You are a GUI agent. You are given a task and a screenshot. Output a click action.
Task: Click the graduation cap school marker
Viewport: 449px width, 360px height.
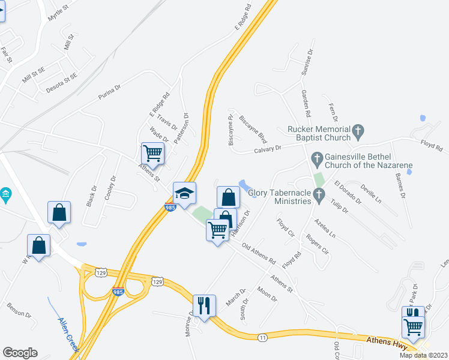[x=185, y=193]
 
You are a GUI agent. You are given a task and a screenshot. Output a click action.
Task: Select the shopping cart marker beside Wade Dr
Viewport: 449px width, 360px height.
[x=152, y=154]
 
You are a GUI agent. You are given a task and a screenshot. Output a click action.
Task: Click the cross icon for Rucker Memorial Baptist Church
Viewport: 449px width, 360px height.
[x=358, y=130]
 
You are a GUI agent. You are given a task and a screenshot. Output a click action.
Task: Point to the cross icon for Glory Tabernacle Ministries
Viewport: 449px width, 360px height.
[x=319, y=194]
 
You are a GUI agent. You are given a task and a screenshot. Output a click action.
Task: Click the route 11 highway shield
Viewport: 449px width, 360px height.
[x=262, y=338]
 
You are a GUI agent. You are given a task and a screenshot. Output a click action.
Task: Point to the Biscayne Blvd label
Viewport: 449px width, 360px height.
[x=252, y=127]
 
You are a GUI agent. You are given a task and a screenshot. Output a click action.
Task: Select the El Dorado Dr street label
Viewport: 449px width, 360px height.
[x=348, y=193]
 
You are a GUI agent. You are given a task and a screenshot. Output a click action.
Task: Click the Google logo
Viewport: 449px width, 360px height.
[x=20, y=353]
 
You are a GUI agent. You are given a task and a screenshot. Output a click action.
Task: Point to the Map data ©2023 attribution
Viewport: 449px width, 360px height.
[x=424, y=355]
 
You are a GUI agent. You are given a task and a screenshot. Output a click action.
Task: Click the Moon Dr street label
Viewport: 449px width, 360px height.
[x=267, y=295]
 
